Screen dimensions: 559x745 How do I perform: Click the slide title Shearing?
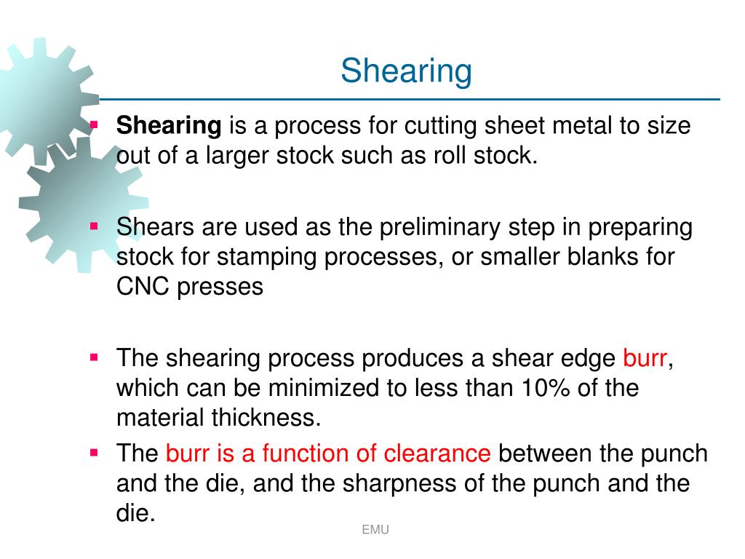406,71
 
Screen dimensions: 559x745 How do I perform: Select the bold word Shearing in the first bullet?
169,126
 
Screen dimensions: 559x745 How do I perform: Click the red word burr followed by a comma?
645,358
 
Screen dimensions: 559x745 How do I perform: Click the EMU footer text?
375,530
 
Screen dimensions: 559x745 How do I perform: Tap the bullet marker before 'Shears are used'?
94,226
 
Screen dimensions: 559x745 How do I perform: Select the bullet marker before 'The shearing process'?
94,357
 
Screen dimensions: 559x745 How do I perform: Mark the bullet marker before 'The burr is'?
94,453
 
